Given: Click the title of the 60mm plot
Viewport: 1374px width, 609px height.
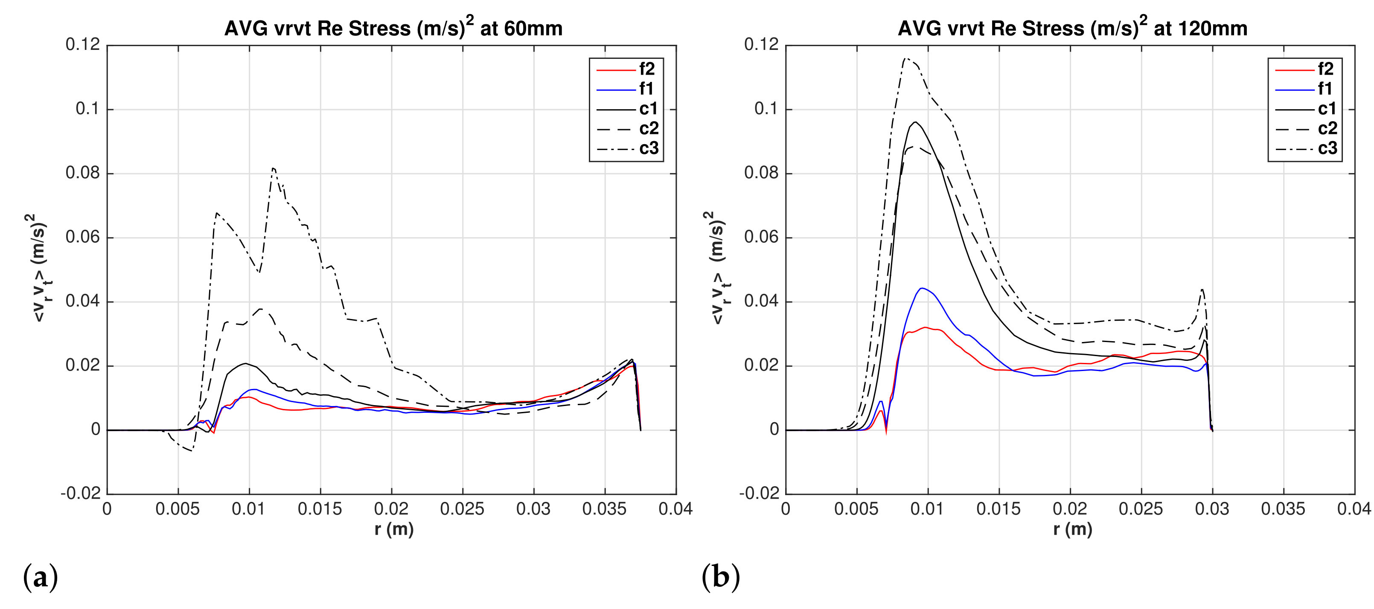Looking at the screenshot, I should pyautogui.click(x=393, y=28).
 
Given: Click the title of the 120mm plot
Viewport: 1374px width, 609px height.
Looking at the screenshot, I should pyautogui.click(x=1072, y=28).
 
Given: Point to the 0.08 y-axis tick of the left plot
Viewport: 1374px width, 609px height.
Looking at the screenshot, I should pyautogui.click(x=83, y=173).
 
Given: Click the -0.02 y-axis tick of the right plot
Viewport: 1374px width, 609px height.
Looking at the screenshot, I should pyautogui.click(x=759, y=493).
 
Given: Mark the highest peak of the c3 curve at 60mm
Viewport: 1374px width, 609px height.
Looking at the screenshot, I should pyautogui.click(x=273, y=168).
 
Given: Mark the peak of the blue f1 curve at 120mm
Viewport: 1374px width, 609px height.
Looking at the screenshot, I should pyautogui.click(x=922, y=288).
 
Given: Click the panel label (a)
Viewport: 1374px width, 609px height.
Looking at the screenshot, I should pyautogui.click(x=41, y=577).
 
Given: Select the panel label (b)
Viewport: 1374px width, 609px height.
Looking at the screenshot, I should pyautogui.click(x=721, y=577).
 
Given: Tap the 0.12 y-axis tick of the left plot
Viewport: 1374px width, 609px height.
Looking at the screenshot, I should pyautogui.click(x=83, y=45).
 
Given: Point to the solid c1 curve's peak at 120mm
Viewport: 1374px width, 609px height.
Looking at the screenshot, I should pyautogui.click(x=916, y=122).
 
